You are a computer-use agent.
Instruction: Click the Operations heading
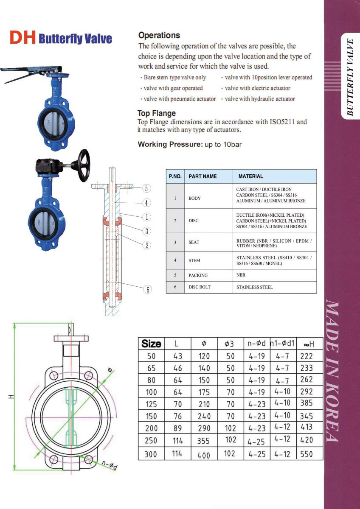(x=159, y=36)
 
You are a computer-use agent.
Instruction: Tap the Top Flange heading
(x=156, y=113)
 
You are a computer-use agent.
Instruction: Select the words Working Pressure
(x=170, y=144)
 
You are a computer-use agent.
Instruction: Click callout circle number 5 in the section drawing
(x=146, y=188)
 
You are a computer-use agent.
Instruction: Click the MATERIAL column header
(x=250, y=176)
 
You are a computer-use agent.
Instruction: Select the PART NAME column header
(x=202, y=176)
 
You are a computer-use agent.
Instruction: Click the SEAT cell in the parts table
(x=194, y=243)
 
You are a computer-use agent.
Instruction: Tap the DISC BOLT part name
(x=200, y=287)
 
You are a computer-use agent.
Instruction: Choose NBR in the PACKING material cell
(x=241, y=275)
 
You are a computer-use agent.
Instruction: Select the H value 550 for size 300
(x=306, y=454)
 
